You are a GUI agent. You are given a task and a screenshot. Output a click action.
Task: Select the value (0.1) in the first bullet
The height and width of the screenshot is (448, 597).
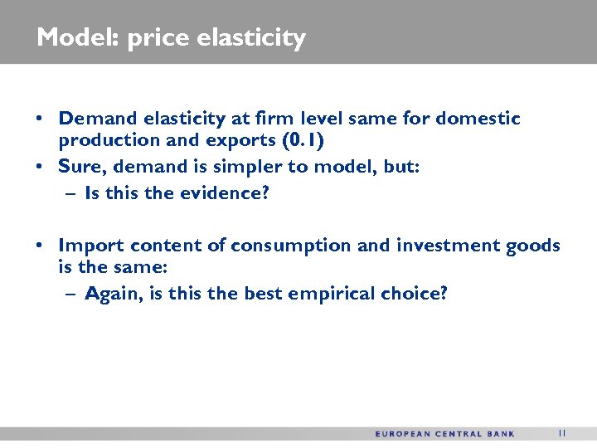coord(303,141)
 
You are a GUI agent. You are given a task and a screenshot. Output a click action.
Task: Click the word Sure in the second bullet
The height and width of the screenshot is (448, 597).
coord(80,167)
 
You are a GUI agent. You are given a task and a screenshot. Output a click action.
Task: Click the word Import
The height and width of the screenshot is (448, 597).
coord(87,246)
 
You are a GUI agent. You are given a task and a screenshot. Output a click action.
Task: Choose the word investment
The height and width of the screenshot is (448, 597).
coord(449,246)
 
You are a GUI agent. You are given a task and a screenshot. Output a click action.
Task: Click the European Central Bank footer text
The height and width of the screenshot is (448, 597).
coord(444,433)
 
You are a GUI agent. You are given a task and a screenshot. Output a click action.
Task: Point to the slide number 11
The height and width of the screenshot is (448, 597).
coord(562,432)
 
